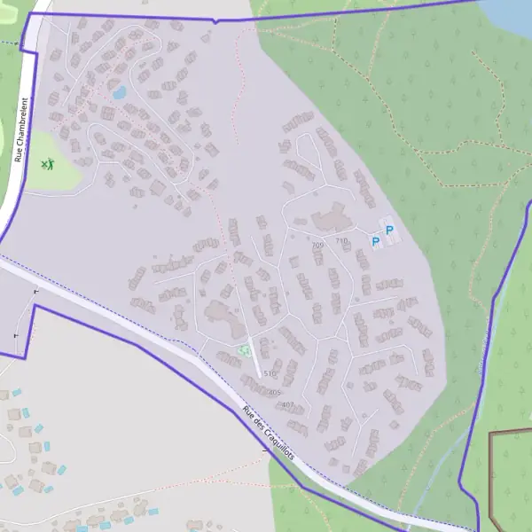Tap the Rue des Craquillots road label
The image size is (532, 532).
click(x=271, y=435)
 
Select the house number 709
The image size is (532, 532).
click(x=317, y=246)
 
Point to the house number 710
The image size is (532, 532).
click(x=342, y=241)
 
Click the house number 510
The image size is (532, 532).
click(x=270, y=374)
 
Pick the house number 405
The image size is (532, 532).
click(x=274, y=393)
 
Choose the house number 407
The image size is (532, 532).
click(x=287, y=404)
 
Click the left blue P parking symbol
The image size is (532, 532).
click(x=375, y=241)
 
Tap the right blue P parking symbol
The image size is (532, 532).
click(x=389, y=231)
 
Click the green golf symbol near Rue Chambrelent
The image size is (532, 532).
click(x=47, y=164)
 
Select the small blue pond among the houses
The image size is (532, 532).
click(x=119, y=91)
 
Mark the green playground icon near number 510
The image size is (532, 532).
click(x=243, y=350)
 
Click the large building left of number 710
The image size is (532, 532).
click(x=329, y=218)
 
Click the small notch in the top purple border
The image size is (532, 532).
click(x=214, y=20)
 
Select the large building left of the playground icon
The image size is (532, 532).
click(x=218, y=312)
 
